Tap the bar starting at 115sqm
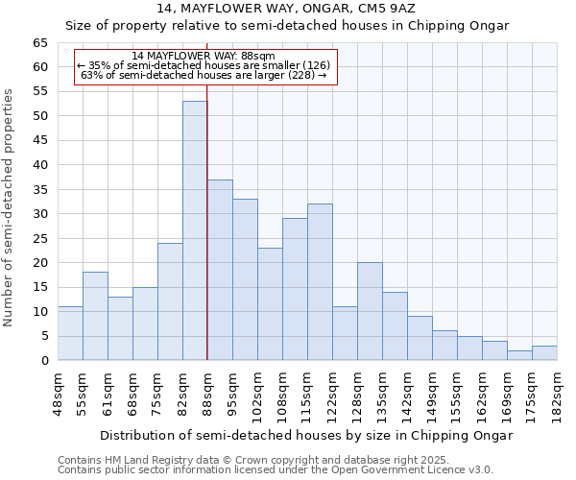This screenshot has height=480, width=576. tap(320, 282)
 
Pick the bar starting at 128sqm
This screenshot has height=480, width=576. tap(370, 311)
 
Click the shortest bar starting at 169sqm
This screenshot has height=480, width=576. tap(519, 355)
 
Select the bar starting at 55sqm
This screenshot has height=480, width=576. tap(95, 316)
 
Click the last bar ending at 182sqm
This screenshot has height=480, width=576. tap(544, 353)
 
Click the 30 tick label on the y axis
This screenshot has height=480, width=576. tap(39, 214)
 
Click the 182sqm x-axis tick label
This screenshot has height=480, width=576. tap(557, 393)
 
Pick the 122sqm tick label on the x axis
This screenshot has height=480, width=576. tap(332, 393)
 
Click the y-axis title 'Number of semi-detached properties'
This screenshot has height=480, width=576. tap(9, 207)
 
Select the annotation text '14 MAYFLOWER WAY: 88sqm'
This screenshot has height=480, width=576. tap(204, 57)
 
